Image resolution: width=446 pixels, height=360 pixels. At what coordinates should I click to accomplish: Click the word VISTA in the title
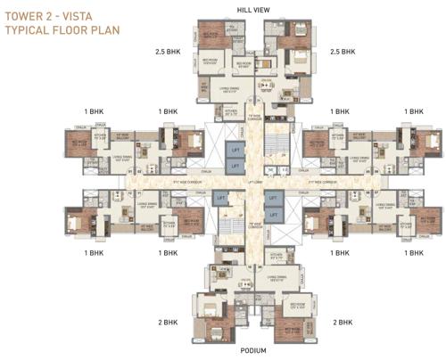pyautogui.click(x=81, y=15)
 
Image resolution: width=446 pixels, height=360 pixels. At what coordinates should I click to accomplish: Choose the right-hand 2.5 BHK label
pyautogui.click(x=343, y=53)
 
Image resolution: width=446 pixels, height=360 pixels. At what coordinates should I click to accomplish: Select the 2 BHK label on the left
pyautogui.click(x=170, y=321)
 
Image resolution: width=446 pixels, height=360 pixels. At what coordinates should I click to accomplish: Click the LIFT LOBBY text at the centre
pyautogui.click(x=253, y=183)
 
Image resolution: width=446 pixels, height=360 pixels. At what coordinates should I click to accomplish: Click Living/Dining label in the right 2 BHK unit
pyautogui.click(x=276, y=277)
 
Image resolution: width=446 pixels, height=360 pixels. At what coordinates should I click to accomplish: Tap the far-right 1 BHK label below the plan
pyautogui.click(x=413, y=254)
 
